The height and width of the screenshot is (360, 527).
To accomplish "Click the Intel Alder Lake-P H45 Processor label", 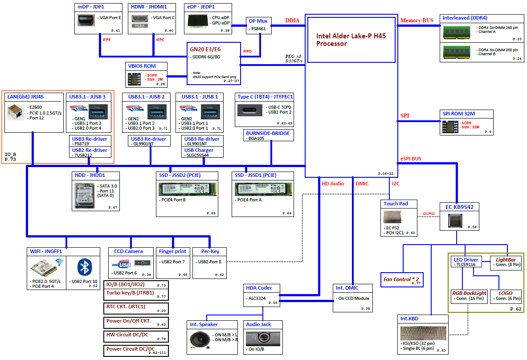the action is [351, 40].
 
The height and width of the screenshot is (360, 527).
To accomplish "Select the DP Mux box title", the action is [258, 21].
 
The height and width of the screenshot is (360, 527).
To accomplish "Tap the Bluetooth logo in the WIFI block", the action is [84, 267].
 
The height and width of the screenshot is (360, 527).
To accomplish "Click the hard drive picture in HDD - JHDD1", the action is [84, 196].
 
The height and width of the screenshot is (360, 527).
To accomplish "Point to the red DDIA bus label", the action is [292, 20].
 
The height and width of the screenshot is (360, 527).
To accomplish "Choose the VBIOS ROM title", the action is [142, 66].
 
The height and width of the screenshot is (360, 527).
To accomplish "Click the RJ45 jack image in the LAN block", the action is [16, 112].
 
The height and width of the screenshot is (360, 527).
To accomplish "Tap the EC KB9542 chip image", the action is [455, 221].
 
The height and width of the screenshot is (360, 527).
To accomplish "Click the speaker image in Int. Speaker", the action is [200, 340].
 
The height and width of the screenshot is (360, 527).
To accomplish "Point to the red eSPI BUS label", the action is [411, 159].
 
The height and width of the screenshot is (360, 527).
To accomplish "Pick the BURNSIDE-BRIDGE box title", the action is [268, 133].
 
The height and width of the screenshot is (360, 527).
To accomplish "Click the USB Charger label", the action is [199, 150].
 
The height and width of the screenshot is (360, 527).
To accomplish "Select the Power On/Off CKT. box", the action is [136, 323].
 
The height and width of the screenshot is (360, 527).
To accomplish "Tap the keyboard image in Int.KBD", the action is [424, 333].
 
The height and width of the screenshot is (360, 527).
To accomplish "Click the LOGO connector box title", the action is [506, 293].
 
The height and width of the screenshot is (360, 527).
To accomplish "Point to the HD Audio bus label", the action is [333, 184].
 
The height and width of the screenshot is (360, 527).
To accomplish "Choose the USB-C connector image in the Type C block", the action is [250, 110].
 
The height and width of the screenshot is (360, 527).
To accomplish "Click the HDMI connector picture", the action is [139, 21].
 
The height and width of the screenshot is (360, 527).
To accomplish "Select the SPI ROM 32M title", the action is [459, 114].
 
